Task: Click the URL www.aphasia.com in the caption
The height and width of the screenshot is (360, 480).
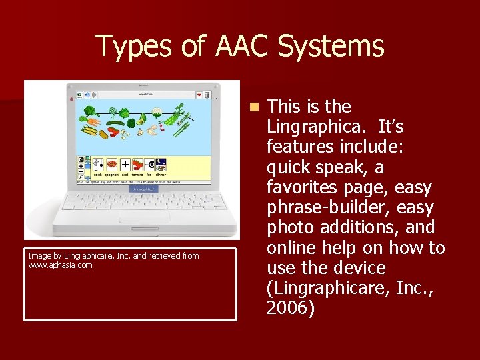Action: click(60, 265)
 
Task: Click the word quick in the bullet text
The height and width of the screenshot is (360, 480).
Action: click(288, 167)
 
